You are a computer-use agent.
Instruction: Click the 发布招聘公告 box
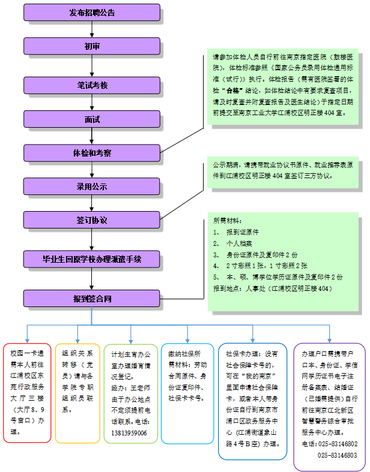click(x=92, y=12)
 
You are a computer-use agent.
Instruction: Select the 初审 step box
click(x=92, y=46)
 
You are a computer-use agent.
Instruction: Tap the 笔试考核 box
click(x=92, y=85)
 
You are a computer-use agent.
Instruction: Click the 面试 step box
click(x=92, y=119)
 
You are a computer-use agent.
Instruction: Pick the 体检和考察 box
click(x=92, y=153)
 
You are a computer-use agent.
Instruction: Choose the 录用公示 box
click(x=92, y=187)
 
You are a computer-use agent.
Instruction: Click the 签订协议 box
click(x=92, y=220)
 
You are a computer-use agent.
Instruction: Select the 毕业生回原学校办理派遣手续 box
click(x=92, y=259)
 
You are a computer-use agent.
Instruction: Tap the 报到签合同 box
click(x=92, y=298)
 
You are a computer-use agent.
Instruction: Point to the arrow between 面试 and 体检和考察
click(x=92, y=136)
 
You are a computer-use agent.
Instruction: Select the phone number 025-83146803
click(x=338, y=455)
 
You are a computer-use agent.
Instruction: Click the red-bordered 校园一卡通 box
click(x=26, y=393)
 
